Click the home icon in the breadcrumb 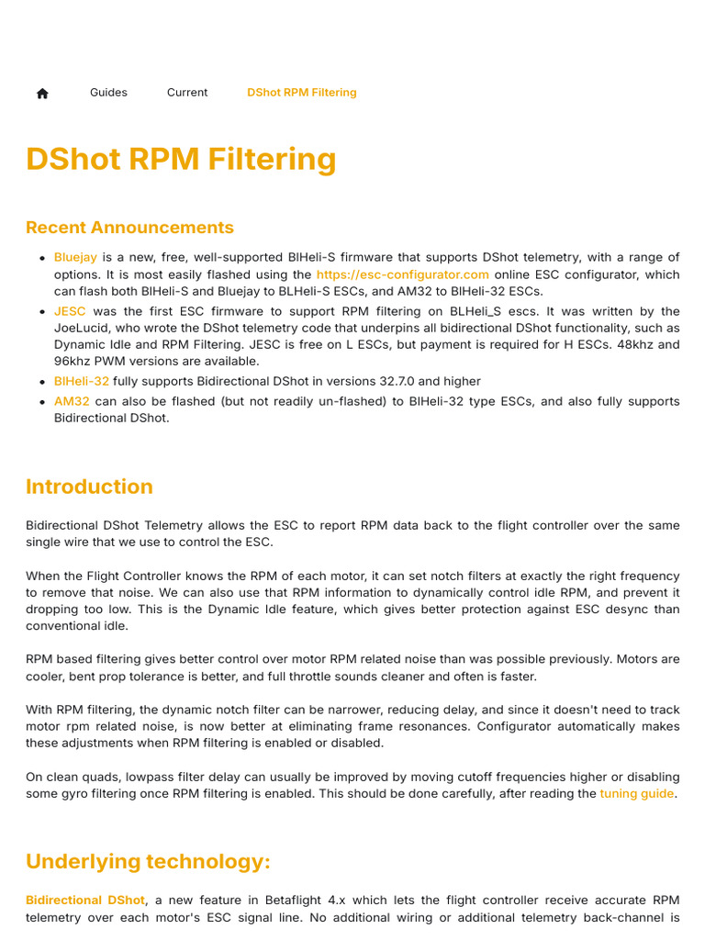coord(42,93)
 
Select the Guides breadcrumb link coord(108,93)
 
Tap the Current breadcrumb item coord(187,93)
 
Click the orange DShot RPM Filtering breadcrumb coord(302,93)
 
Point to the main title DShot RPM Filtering coord(181,159)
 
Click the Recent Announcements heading coord(129,228)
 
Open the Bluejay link coord(75,257)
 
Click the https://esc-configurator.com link coord(402,274)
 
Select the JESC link coord(70,311)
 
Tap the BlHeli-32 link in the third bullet coord(82,381)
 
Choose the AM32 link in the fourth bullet coord(72,401)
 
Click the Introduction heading coord(89,487)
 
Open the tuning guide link coord(637,793)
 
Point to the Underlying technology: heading coord(148,862)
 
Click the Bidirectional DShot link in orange coord(85,901)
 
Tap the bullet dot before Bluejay coord(42,258)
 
